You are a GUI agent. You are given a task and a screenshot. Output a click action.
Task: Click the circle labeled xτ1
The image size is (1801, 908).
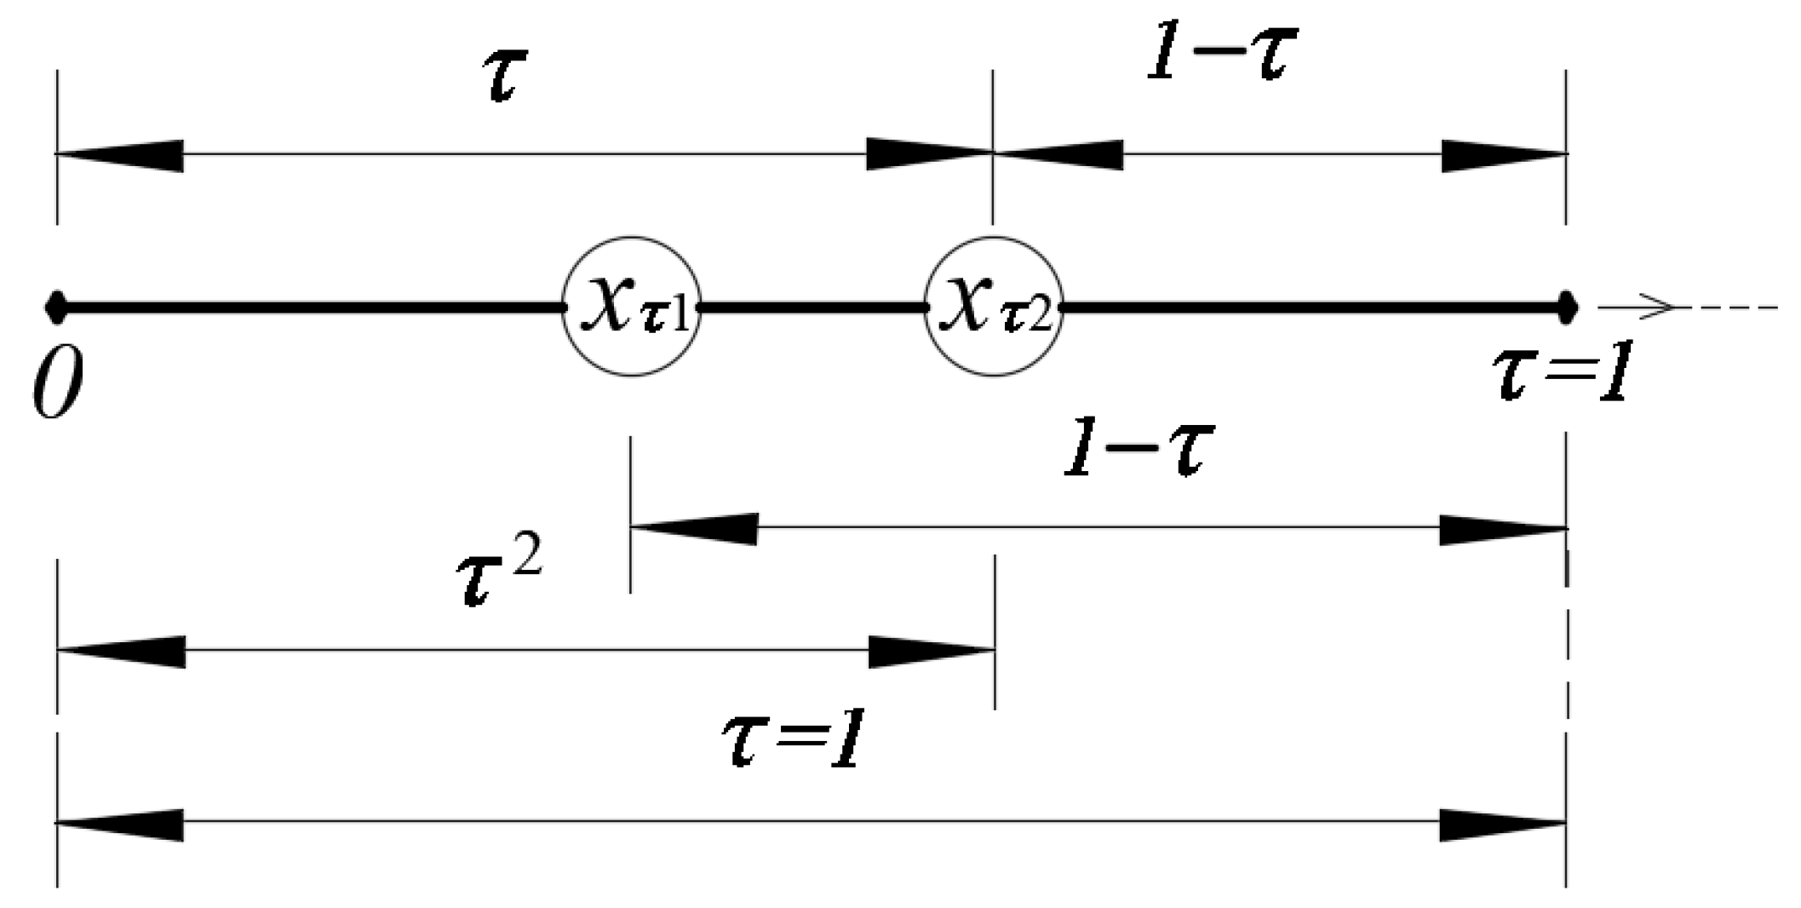pyautogui.click(x=631, y=306)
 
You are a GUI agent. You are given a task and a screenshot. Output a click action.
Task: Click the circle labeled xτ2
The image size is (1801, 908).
pyautogui.click(x=993, y=306)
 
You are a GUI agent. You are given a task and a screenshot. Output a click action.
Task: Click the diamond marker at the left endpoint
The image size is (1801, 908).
pyautogui.click(x=56, y=307)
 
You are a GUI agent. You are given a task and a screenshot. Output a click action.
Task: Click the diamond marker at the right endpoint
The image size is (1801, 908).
pyautogui.click(x=1566, y=307)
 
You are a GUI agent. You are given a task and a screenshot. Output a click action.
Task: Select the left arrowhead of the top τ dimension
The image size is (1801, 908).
pyautogui.click(x=119, y=154)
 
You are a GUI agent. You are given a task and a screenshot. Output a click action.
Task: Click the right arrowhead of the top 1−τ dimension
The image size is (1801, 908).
pyautogui.click(x=1503, y=155)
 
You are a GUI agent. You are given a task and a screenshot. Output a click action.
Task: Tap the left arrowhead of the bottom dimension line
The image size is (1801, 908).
pyautogui.click(x=119, y=824)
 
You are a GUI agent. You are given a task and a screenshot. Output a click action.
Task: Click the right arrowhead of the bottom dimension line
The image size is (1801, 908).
pyautogui.click(x=1503, y=824)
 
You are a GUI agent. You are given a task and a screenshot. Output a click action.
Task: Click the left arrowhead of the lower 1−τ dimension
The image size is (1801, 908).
pyautogui.click(x=694, y=528)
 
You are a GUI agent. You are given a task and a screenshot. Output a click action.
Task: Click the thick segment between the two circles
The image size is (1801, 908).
pyautogui.click(x=813, y=307)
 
